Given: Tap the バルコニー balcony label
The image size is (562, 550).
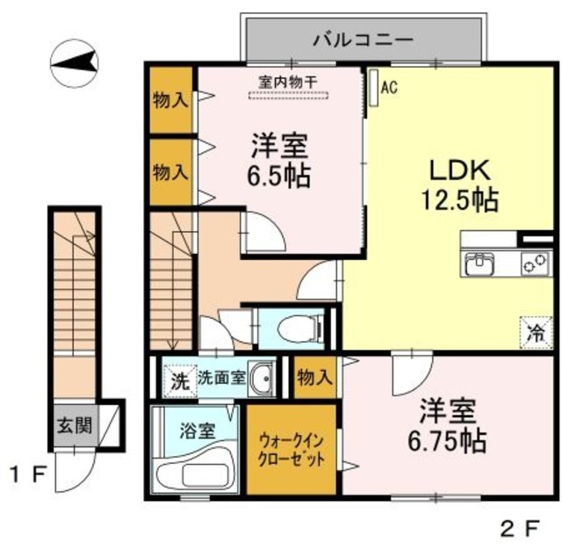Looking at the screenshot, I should tap(363, 39).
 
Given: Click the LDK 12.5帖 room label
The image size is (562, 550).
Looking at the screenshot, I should tap(463, 184).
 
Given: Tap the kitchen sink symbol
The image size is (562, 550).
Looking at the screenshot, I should tap(479, 264).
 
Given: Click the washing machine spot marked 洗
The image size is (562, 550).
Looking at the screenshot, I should tap(178, 381).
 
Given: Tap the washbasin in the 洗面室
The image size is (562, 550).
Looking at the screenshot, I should tap(261, 378).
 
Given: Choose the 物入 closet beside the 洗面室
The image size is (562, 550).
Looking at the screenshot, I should tap(314, 379).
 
